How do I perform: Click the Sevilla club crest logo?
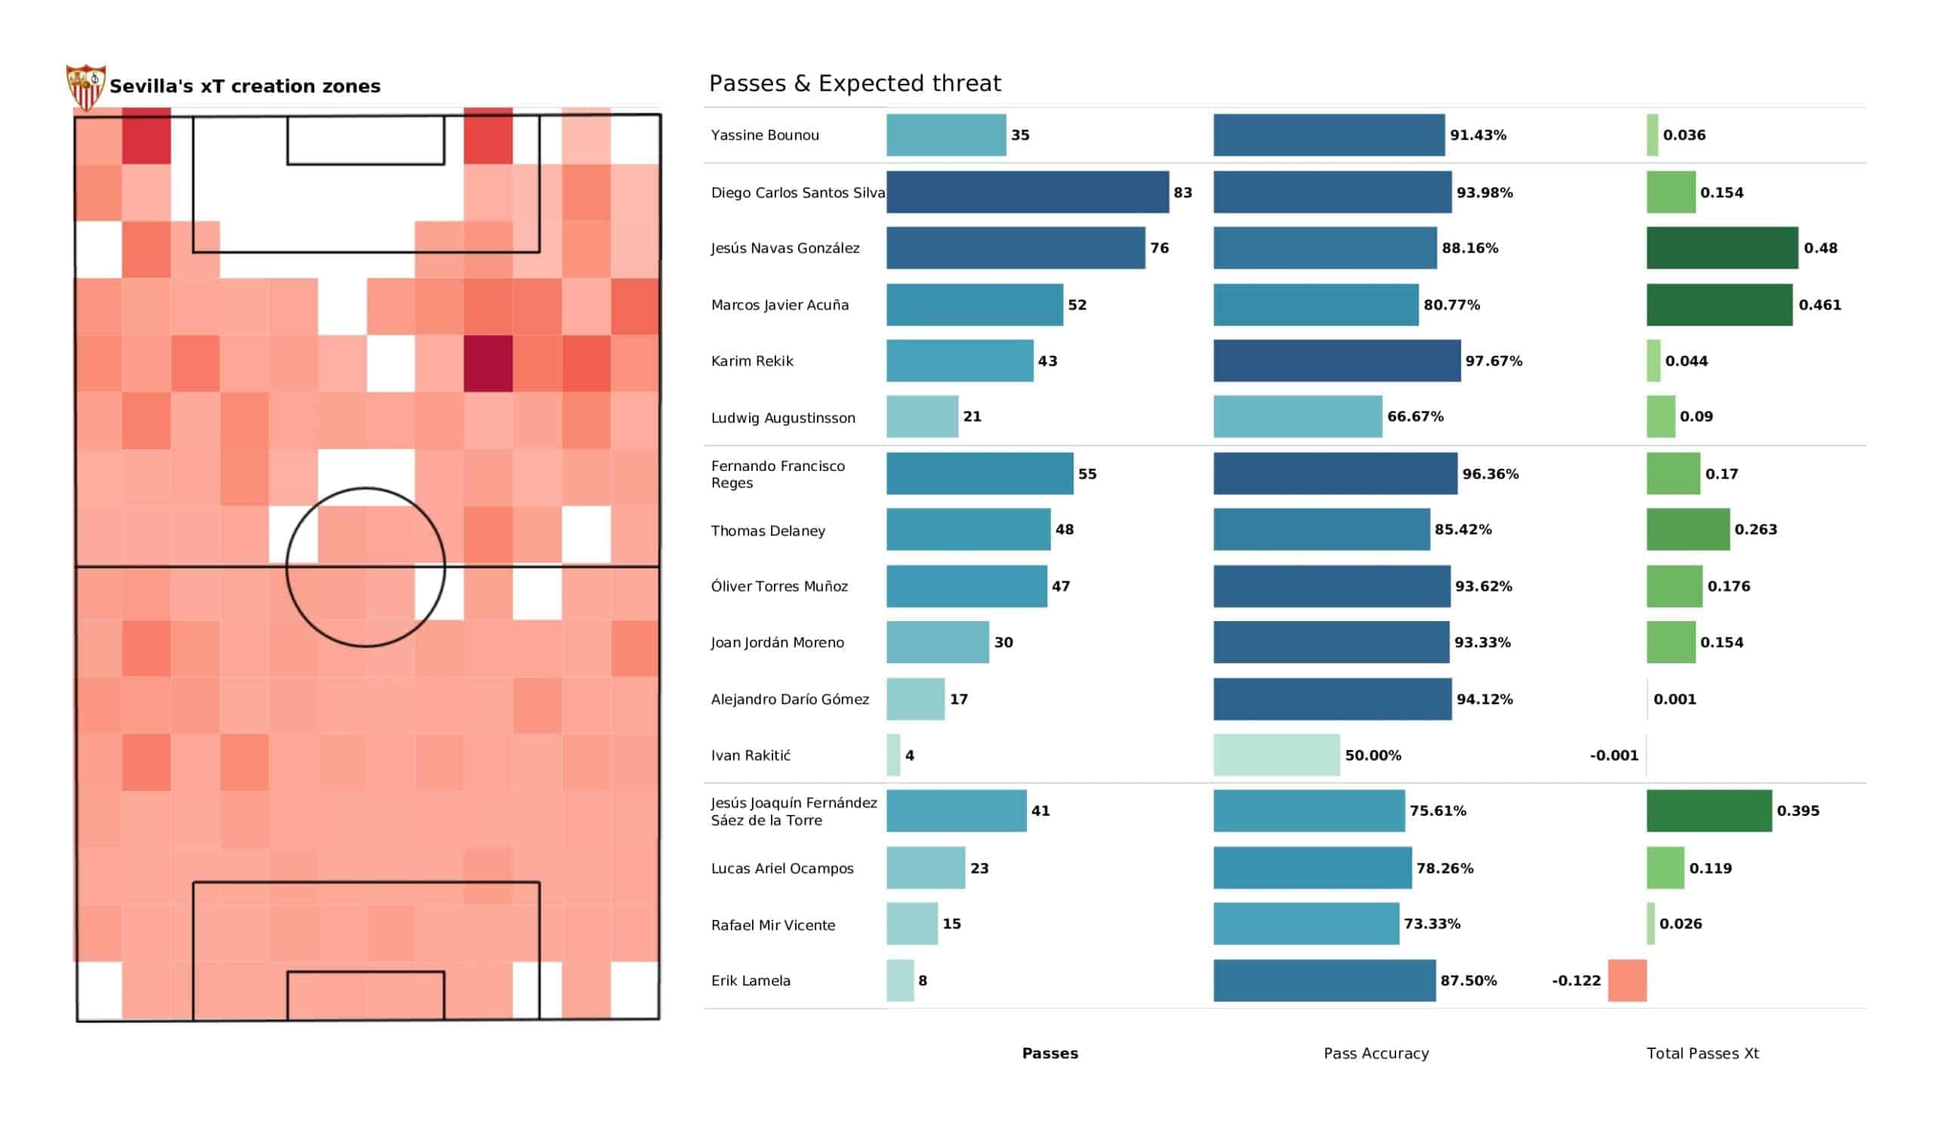click(85, 87)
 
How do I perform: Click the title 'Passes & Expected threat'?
click(855, 83)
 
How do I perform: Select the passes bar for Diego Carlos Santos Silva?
click(1027, 192)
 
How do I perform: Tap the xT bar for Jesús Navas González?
click(1722, 248)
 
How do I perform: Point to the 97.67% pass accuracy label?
click(1493, 361)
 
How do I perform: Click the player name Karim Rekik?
click(752, 361)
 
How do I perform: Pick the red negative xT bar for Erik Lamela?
click(1626, 980)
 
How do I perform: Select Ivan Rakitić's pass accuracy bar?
click(1275, 755)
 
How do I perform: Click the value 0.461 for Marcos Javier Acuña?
click(1820, 304)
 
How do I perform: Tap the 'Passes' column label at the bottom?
click(1050, 1053)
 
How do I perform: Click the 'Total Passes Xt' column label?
click(1702, 1053)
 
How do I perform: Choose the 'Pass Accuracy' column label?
click(1375, 1053)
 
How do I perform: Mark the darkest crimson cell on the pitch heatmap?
click(488, 363)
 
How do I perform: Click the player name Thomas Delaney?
click(767, 530)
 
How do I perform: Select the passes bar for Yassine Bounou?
click(946, 135)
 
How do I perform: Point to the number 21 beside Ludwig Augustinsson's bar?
click(972, 417)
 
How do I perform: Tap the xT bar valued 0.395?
click(1708, 810)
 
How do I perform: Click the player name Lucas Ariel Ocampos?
click(782, 868)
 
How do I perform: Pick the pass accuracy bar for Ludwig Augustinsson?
click(1297, 417)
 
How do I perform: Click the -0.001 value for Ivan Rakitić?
click(1613, 755)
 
